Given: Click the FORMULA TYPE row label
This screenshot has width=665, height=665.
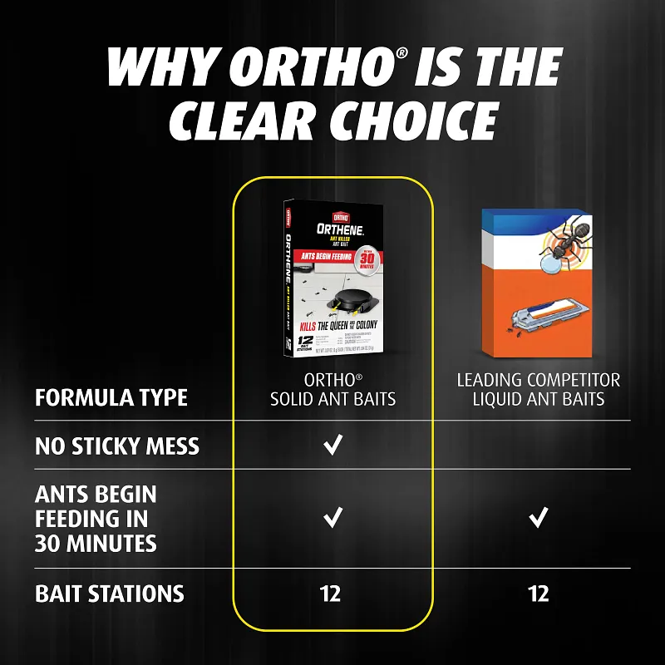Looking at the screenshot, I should (111, 397).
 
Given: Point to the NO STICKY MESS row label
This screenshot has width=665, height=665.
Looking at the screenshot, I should (117, 446).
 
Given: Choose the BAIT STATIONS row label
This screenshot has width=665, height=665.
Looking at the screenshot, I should (109, 594).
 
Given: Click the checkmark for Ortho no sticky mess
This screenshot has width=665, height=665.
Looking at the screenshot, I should (332, 446).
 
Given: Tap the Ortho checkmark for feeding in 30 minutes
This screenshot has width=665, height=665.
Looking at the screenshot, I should (332, 519).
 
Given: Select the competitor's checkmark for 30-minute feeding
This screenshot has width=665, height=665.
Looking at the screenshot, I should (538, 519).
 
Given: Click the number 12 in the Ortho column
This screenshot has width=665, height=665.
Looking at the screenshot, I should (331, 594).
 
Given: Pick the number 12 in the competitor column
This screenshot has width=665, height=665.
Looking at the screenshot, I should (538, 594).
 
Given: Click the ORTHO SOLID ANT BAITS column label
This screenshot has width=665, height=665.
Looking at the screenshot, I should (332, 390).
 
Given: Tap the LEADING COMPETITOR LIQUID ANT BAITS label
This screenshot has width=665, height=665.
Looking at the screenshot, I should (538, 390).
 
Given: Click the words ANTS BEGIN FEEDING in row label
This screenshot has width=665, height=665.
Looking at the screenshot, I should (96, 505).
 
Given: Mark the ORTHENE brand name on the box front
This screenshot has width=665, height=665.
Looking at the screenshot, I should (331, 228).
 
